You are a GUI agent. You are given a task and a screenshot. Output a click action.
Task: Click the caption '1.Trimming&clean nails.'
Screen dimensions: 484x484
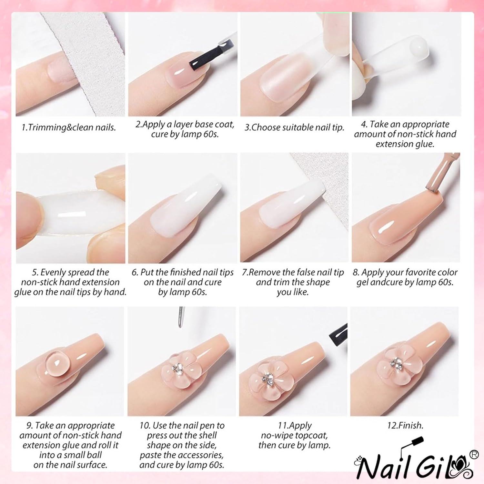coord(68,127)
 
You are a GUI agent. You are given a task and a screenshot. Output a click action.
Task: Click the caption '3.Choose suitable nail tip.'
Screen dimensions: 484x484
coord(294,127)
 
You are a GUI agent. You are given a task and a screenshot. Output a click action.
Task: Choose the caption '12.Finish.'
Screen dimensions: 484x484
coord(405,426)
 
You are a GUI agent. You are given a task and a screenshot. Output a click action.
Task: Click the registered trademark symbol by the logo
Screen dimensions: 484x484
coord(474,454)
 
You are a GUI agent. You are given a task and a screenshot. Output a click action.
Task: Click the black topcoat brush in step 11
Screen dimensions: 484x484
coord(338,336)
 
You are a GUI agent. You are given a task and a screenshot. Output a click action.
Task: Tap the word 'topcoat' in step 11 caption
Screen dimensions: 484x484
coord(312,436)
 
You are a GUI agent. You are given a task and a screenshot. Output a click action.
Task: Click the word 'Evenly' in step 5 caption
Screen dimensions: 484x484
coord(54,273)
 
